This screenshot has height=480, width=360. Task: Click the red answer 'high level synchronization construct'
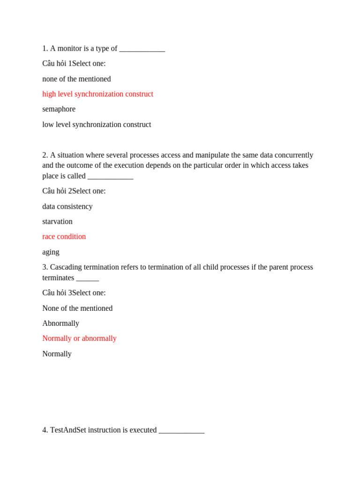click(97, 94)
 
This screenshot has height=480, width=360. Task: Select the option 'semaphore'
click(59, 109)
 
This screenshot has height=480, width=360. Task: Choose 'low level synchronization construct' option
click(97, 125)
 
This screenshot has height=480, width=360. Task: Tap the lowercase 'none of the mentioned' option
click(76, 79)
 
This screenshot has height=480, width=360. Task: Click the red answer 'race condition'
click(64, 237)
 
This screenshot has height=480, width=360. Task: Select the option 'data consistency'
click(67, 206)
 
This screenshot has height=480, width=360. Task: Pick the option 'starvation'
click(57, 221)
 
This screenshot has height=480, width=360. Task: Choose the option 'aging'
click(51, 252)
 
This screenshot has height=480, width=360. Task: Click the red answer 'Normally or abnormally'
click(79, 338)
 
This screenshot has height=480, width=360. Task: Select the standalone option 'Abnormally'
click(60, 323)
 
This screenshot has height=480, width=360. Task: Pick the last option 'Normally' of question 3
click(57, 354)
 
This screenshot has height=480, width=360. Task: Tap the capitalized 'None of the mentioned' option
click(77, 308)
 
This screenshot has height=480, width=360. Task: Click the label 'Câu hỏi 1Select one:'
click(74, 64)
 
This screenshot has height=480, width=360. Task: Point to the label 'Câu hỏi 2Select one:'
click(74, 191)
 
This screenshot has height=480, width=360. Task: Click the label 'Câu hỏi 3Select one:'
click(74, 293)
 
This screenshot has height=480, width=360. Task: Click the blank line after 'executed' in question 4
click(181, 431)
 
